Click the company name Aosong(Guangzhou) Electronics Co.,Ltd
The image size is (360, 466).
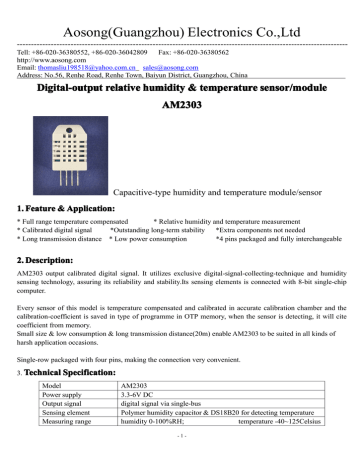tap(180, 13)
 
